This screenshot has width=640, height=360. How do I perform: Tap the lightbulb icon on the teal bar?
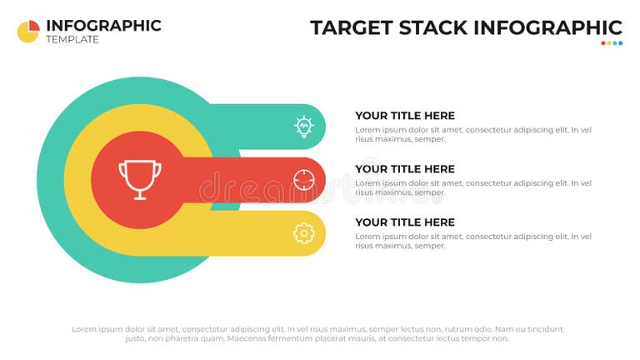(303, 127)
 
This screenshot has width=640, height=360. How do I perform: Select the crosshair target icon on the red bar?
(303, 179)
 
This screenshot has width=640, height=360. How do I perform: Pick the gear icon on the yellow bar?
(303, 233)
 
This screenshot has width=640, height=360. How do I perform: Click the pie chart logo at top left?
(28, 32)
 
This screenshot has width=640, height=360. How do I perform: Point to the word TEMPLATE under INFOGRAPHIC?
(72, 40)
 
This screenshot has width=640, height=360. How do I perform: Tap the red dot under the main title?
(604, 43)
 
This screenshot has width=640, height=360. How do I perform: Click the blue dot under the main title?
(620, 43)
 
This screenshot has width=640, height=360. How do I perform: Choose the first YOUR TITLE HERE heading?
(405, 116)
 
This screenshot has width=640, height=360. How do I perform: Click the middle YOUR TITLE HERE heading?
(405, 169)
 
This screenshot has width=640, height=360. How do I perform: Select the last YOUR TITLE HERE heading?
(405, 222)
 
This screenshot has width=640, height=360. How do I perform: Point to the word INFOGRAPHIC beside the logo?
(103, 25)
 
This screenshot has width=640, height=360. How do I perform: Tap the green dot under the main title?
(615, 43)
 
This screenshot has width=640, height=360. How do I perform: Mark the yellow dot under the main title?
(609, 43)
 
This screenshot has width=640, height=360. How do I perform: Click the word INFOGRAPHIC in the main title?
(547, 27)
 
